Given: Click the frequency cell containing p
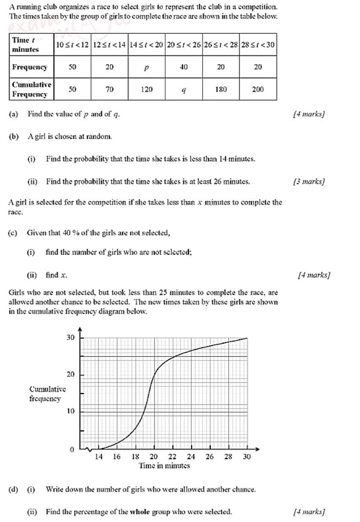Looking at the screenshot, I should (x=146, y=68).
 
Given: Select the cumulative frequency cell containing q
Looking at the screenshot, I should (x=184, y=89).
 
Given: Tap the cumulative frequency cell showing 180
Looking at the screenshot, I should (x=221, y=89).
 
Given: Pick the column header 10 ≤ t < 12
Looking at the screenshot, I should (x=72, y=45).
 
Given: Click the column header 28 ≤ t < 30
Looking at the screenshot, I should (x=258, y=45).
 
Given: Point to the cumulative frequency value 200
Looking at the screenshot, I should (x=258, y=89).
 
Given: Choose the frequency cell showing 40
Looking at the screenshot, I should (x=184, y=67).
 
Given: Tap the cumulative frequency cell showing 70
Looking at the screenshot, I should (x=110, y=89).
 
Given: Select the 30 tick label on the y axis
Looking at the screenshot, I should (x=70, y=338).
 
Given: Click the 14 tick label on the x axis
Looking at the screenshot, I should (x=99, y=457).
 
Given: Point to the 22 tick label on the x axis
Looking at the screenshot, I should (x=173, y=457).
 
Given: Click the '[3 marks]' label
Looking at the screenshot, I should (x=309, y=182).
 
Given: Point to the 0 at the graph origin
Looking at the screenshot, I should (x=72, y=450).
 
